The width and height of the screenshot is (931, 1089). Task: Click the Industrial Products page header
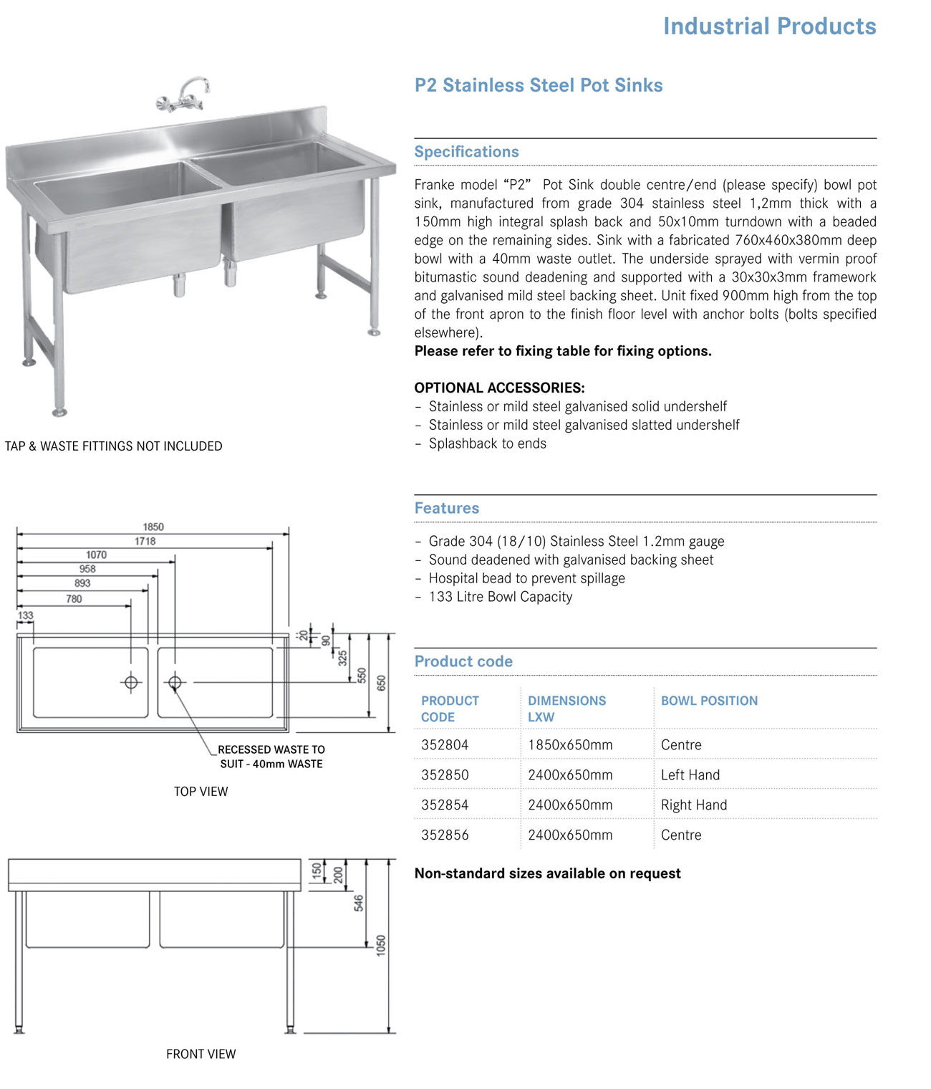pyautogui.click(x=769, y=27)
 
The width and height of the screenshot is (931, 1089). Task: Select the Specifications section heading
pyautogui.click(x=466, y=152)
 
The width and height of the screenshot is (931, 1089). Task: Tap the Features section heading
pyautogui.click(x=446, y=508)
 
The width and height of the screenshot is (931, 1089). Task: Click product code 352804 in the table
pyautogui.click(x=445, y=745)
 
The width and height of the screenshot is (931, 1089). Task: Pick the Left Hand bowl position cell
pyautogui.click(x=690, y=775)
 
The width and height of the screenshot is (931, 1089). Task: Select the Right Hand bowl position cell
pyautogui.click(x=693, y=805)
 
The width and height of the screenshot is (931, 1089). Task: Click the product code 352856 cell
pyautogui.click(x=445, y=835)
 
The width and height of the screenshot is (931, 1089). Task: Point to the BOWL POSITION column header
pyautogui.click(x=709, y=701)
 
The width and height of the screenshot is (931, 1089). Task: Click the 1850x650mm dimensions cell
pyautogui.click(x=570, y=745)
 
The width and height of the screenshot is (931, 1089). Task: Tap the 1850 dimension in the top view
pyautogui.click(x=153, y=527)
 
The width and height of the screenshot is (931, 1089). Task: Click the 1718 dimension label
pyautogui.click(x=145, y=541)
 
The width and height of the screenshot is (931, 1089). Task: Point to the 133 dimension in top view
pyautogui.click(x=25, y=615)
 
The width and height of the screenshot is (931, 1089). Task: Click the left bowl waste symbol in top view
pyautogui.click(x=131, y=682)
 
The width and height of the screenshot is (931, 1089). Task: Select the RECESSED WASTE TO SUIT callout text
pyautogui.click(x=271, y=757)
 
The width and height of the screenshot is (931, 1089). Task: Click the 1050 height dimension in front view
pyautogui.click(x=381, y=944)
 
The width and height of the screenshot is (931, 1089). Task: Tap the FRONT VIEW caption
pyautogui.click(x=201, y=1054)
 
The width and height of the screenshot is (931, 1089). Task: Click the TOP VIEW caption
pyautogui.click(x=201, y=792)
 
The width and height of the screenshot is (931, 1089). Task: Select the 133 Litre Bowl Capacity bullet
pyautogui.click(x=500, y=597)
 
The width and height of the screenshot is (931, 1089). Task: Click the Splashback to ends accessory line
pyautogui.click(x=487, y=443)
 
